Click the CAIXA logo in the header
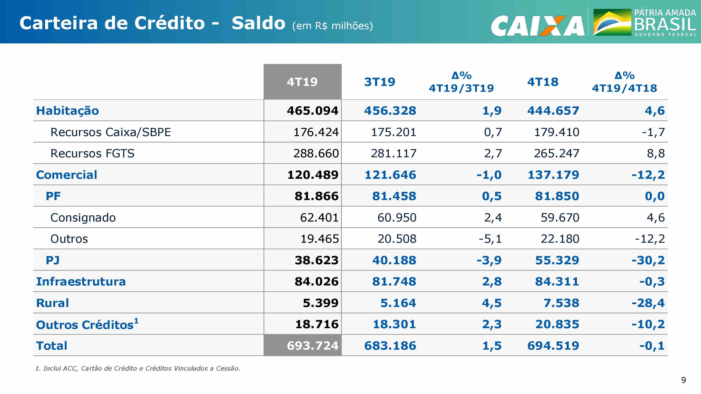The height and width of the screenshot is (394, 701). [538, 26]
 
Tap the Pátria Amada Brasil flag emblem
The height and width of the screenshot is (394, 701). [612, 22]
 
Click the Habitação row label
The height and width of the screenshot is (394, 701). [68, 111]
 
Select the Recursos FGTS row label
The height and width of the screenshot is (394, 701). [93, 153]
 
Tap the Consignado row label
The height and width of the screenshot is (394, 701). [83, 218]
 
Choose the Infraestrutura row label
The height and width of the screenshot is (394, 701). [81, 281]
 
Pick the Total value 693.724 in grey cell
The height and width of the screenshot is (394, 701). [312, 346]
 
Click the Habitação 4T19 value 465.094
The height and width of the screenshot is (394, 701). [312, 111]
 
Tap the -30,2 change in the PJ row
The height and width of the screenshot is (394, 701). [648, 260]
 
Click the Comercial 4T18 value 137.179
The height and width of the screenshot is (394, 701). [553, 175]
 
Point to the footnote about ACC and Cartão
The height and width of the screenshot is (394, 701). [138, 368]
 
